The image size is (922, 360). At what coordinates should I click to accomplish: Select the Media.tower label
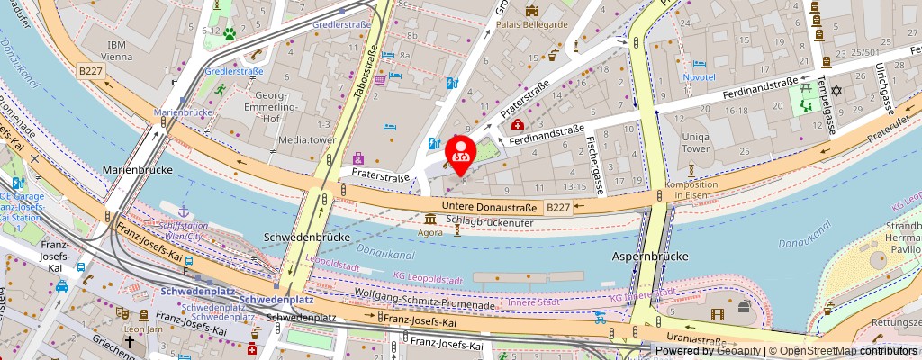pyautogui.click(x=306, y=139)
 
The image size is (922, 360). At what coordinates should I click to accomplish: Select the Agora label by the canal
pyautogui.click(x=430, y=231)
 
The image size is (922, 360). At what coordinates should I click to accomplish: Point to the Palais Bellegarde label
pyautogui.click(x=532, y=24)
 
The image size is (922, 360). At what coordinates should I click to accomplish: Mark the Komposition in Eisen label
pyautogui.click(x=691, y=190)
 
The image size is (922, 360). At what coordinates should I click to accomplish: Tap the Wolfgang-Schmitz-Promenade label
pyautogui.click(x=438, y=304)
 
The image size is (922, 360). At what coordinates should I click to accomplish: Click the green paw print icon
pyautogui.click(x=230, y=34)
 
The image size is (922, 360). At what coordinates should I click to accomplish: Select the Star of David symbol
pyautogui.click(x=835, y=91)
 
